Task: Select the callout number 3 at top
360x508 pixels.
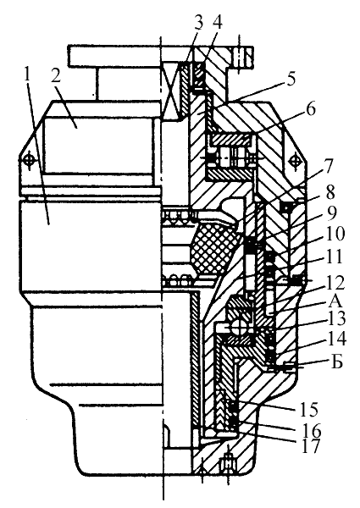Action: (198, 23)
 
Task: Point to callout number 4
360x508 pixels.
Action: (217, 23)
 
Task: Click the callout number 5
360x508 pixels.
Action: (291, 79)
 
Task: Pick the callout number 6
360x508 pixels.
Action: (310, 110)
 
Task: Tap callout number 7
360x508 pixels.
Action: (328, 167)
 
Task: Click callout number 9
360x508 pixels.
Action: (331, 213)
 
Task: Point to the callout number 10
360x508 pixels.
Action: (334, 234)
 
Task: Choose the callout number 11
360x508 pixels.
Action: (334, 256)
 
